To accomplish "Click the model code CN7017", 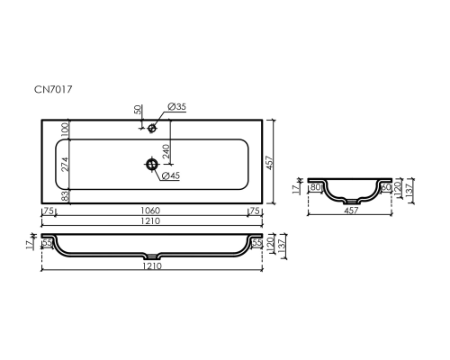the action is [53, 89].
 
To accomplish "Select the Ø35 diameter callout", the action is [176, 107].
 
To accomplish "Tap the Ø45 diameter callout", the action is [171, 175].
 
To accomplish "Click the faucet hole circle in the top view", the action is [152, 129].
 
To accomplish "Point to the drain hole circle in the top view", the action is [152, 164].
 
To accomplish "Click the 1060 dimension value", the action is [150, 211].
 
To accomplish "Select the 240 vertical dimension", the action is [166, 151].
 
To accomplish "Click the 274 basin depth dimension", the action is [65, 164].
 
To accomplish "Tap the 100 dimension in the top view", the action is [65, 130].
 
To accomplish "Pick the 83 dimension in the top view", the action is [65, 196].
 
